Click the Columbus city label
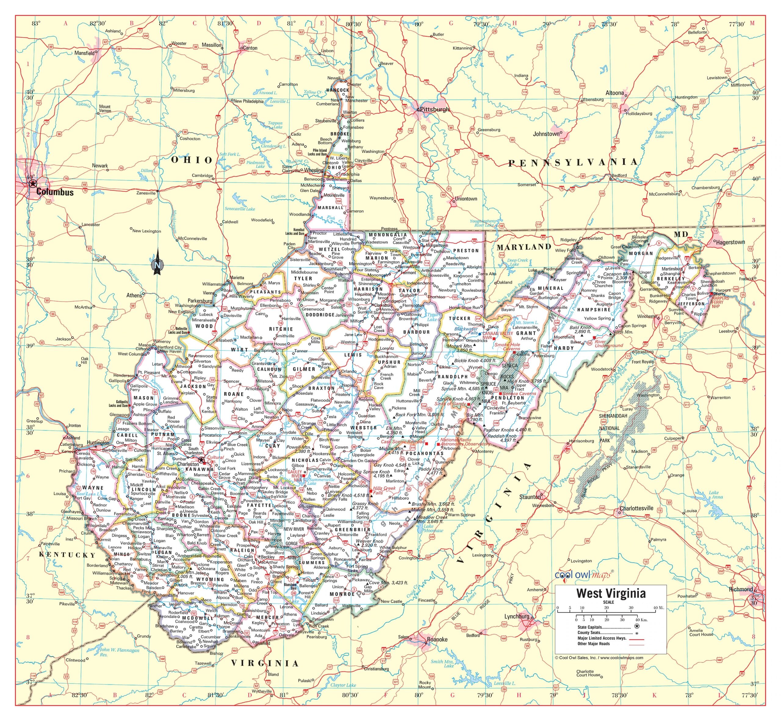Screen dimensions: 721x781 [55, 192]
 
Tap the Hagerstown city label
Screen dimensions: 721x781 [730, 242]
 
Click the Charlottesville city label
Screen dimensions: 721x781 [636, 508]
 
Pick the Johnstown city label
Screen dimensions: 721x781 [546, 134]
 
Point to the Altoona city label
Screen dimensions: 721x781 [614, 93]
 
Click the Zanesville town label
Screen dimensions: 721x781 [146, 193]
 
